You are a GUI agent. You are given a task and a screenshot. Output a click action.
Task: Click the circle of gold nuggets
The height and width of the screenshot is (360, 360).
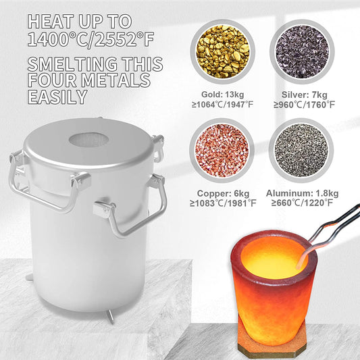coord(222,51)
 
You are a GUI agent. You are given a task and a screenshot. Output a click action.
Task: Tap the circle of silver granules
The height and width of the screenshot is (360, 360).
coord(302,51)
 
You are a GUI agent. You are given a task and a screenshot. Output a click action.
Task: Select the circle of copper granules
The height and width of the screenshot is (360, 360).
coord(222,151)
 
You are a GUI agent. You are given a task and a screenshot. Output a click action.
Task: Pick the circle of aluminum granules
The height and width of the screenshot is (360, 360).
coord(301,151)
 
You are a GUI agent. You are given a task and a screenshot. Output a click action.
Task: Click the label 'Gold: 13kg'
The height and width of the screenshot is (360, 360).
coord(222,95)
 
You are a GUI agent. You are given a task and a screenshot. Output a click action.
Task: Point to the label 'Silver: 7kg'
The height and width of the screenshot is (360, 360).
coord(305,95)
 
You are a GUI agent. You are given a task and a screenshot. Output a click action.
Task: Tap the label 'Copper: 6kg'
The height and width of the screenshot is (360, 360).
coord(223,193)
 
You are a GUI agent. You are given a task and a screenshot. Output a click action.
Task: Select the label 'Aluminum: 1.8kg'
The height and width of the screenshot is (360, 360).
coord(302,193)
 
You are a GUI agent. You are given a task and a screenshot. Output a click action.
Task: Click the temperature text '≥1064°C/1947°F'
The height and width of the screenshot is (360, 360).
coord(222,105)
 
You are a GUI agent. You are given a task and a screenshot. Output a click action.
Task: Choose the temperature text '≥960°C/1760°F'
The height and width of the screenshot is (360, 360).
coord(304,105)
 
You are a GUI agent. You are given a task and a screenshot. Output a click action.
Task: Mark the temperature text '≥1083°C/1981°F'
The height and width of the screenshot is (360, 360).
coord(223,203)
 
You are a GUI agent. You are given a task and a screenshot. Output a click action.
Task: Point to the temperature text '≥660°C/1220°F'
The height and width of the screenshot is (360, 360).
coord(302,203)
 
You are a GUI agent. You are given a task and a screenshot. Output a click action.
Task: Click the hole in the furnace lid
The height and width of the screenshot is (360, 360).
coord(88,140)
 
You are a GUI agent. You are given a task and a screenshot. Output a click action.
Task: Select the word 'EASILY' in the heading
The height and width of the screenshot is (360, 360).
coord(57,97)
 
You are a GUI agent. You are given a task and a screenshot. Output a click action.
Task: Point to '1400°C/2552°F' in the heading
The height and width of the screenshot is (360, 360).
coord(91,39)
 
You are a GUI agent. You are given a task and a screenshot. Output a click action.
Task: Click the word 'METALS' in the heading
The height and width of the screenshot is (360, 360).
coord(116,80)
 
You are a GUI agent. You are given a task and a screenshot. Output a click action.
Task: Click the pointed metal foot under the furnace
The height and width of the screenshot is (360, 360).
coord(111,316)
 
